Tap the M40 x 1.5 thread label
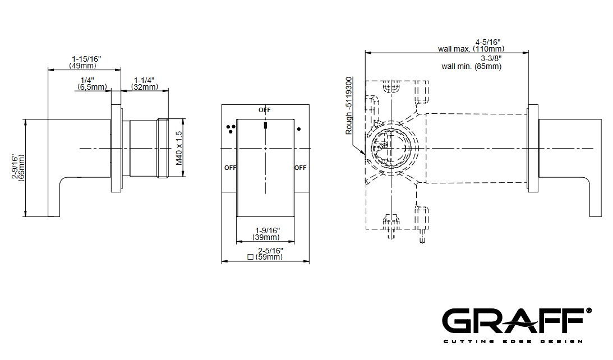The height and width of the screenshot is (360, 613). coord(179,148)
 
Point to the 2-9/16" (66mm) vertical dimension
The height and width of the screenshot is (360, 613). coord(18,167)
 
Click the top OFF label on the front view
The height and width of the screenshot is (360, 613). coord(265,110)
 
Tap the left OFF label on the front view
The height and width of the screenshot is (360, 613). coord(231,168)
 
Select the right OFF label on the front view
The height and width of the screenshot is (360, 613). coord(300,168)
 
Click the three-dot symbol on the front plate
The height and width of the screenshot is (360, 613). coord(231,129)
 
